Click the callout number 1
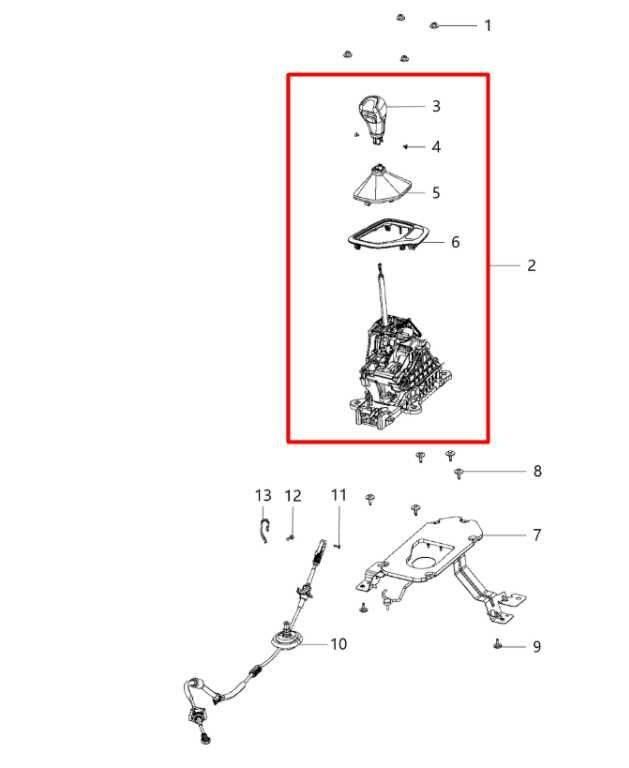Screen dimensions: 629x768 487,25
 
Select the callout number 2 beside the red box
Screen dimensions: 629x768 532,265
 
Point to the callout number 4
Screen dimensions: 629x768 436,146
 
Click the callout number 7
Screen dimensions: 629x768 537,535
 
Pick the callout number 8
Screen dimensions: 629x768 537,471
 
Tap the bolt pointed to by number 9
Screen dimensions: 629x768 497,644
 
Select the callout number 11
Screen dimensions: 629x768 339,495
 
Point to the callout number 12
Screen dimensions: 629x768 293,496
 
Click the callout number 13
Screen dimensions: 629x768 263,495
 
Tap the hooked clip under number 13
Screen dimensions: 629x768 264,530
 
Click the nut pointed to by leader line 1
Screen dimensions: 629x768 434,25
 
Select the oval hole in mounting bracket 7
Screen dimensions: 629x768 422,561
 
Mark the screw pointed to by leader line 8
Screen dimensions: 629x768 459,473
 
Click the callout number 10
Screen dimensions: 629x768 339,644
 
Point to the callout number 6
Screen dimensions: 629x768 455,242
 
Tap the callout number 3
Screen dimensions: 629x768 436,106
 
